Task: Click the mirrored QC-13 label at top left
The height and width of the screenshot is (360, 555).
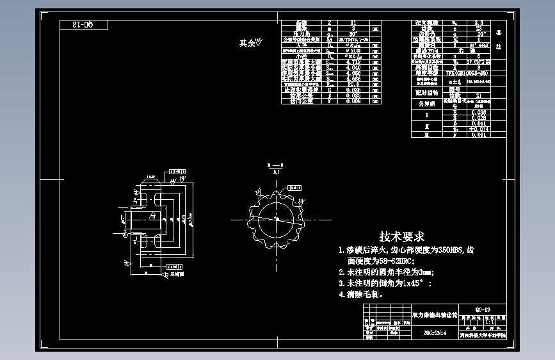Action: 84,26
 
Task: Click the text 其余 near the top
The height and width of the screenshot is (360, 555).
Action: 247,44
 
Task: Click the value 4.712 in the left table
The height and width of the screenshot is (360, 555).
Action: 351,62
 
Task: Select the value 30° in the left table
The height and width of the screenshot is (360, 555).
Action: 351,34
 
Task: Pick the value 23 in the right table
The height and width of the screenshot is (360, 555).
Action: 478,28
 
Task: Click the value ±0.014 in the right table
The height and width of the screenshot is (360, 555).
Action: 479,129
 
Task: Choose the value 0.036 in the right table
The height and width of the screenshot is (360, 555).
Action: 478,113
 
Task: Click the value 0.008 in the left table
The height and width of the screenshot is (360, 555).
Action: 351,101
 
